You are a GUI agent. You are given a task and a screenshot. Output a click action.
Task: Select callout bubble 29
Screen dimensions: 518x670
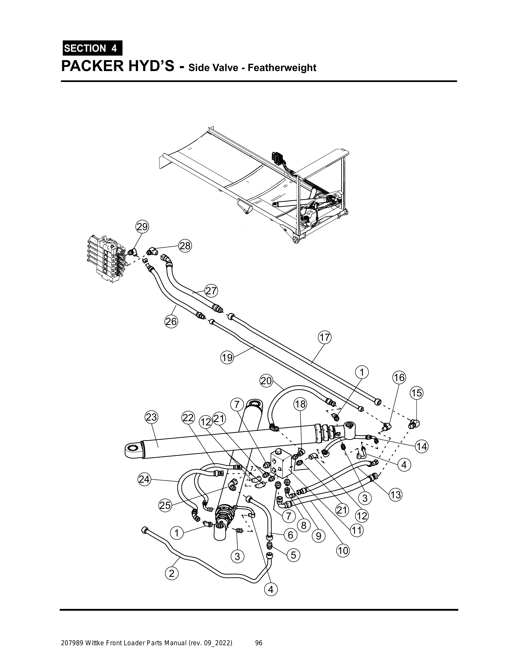pyautogui.click(x=142, y=227)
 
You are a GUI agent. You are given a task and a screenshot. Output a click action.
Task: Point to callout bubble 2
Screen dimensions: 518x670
pyautogui.click(x=172, y=573)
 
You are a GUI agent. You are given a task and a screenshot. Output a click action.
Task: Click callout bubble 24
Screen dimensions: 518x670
pyautogui.click(x=144, y=479)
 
